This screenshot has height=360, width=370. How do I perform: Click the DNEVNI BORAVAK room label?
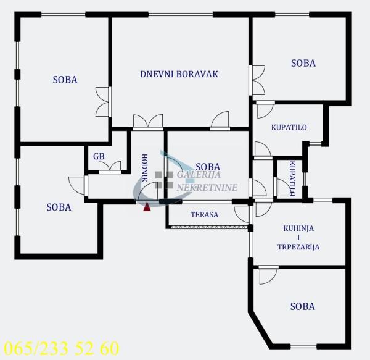click(179, 74)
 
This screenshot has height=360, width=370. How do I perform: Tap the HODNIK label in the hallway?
click(144, 167)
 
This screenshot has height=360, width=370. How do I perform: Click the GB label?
click(99, 156)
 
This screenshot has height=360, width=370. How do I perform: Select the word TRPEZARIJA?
click(298, 246)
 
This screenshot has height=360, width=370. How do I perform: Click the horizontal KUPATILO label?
click(289, 128)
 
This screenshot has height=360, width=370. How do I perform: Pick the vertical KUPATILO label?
click(292, 178)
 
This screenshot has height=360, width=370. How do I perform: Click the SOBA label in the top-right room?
click(303, 63)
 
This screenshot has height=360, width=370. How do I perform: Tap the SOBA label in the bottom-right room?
click(303, 306)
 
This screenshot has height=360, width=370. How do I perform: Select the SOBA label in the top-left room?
click(65, 79)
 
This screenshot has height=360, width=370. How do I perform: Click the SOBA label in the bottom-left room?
click(59, 207)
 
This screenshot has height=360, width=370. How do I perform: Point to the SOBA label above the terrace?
click(207, 167)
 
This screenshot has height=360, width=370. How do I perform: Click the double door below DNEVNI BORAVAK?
click(147, 122)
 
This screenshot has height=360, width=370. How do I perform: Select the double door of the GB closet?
click(110, 167)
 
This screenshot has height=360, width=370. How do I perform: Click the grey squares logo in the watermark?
click(163, 179)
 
